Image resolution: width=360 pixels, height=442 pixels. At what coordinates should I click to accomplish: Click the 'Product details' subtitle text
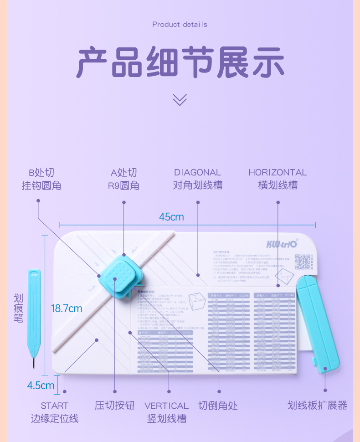click(x=180, y=24)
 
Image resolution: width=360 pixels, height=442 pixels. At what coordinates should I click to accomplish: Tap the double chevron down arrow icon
click(x=180, y=99)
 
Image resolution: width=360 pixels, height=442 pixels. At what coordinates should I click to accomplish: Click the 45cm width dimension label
click(x=171, y=217)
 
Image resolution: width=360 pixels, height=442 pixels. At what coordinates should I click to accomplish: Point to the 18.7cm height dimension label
click(x=67, y=308)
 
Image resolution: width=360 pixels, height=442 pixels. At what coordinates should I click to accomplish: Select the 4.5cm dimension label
click(x=41, y=385)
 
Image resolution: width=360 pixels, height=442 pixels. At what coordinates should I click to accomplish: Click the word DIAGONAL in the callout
click(x=197, y=172)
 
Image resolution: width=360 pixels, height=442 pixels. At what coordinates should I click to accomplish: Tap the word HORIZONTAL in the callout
click(x=278, y=172)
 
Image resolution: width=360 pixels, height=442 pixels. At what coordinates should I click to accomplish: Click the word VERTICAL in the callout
click(x=166, y=406)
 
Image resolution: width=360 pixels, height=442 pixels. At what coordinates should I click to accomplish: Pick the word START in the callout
click(x=54, y=406)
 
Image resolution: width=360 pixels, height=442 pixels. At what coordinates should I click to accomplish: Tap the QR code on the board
click(x=303, y=262)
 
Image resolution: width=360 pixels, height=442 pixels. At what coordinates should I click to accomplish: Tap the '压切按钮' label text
click(x=115, y=406)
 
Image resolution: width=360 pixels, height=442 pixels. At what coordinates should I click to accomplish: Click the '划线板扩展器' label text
click(x=318, y=405)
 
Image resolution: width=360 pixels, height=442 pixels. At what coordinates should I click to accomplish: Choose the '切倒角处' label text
click(x=218, y=406)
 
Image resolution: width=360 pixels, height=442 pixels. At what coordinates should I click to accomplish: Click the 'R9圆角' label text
click(x=123, y=186)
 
